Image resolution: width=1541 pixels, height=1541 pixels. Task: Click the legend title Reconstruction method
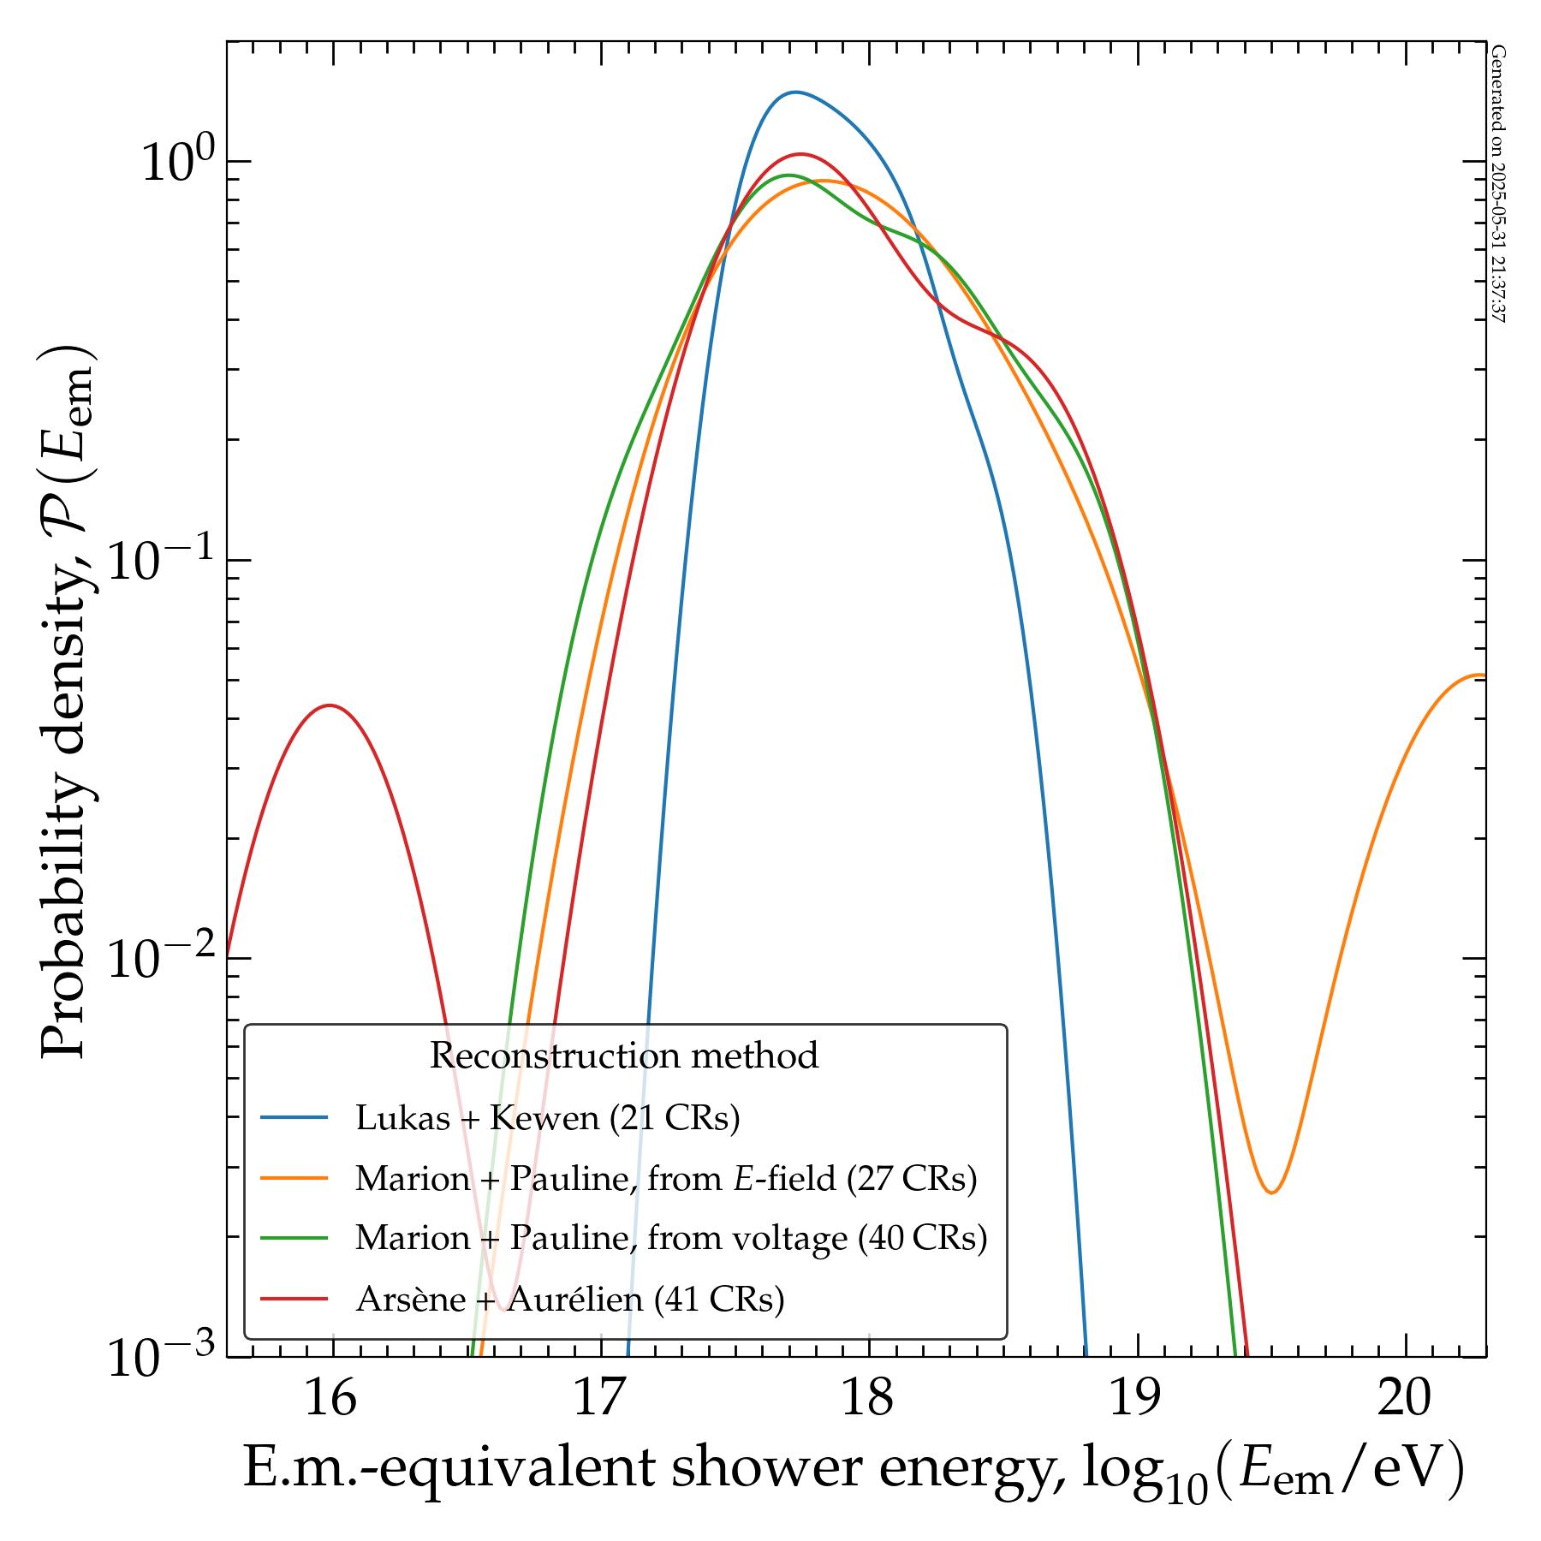(624, 1056)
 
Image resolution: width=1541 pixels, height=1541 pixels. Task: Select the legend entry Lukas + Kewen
(547, 1118)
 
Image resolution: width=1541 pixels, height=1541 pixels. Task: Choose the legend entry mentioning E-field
(665, 1179)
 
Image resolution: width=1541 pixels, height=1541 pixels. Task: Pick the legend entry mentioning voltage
(671, 1239)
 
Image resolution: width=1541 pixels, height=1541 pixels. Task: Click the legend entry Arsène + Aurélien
(569, 1300)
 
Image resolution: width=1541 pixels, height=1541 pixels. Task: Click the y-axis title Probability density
(67, 702)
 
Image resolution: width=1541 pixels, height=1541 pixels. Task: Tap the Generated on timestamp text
(1497, 183)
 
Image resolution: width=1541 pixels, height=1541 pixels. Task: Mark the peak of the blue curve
(795, 92)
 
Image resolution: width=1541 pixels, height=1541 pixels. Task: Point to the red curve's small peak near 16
(330, 705)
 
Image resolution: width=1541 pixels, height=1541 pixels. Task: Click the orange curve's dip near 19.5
(1272, 1193)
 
